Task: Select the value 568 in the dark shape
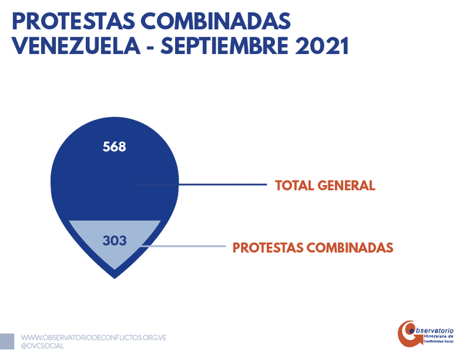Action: [115, 147]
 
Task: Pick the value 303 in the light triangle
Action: [115, 240]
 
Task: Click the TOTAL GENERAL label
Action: [325, 185]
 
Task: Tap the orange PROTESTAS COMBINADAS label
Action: [313, 248]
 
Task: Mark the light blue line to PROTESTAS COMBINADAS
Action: [186, 247]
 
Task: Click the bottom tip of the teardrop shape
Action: [115, 276]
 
